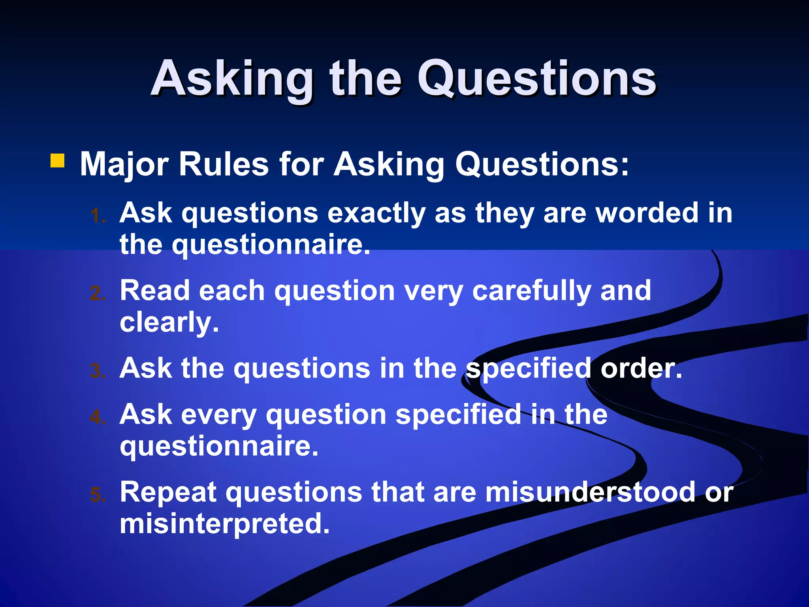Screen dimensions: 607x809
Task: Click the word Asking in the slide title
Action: tap(232, 79)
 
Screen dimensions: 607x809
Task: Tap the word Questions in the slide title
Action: tap(537, 79)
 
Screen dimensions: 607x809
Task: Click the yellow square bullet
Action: tap(57, 161)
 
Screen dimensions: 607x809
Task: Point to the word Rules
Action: tap(224, 164)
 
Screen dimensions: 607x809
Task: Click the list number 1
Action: tap(97, 216)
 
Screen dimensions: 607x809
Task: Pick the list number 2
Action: tap(97, 293)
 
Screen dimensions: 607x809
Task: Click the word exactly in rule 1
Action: tap(376, 213)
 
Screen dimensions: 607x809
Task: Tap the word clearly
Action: tap(169, 322)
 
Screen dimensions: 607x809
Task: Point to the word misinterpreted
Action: tap(224, 524)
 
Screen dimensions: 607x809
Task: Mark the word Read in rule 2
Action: tap(154, 291)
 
